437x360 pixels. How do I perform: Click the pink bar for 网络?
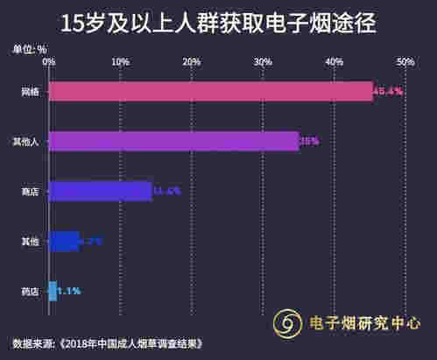pos(210,91)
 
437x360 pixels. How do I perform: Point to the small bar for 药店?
pos(53,290)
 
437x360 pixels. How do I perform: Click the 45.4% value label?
pos(387,91)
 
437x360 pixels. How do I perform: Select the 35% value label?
pos(309,140)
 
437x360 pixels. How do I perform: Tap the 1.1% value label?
pos(70,290)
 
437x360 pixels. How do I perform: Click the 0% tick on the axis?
pos(49,62)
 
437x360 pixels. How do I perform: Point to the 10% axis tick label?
pos(121,62)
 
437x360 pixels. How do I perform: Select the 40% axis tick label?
pos(334,62)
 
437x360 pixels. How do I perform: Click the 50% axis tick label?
pos(405,62)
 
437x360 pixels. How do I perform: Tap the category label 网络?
pos(30,91)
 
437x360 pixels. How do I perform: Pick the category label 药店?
pos(30,290)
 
